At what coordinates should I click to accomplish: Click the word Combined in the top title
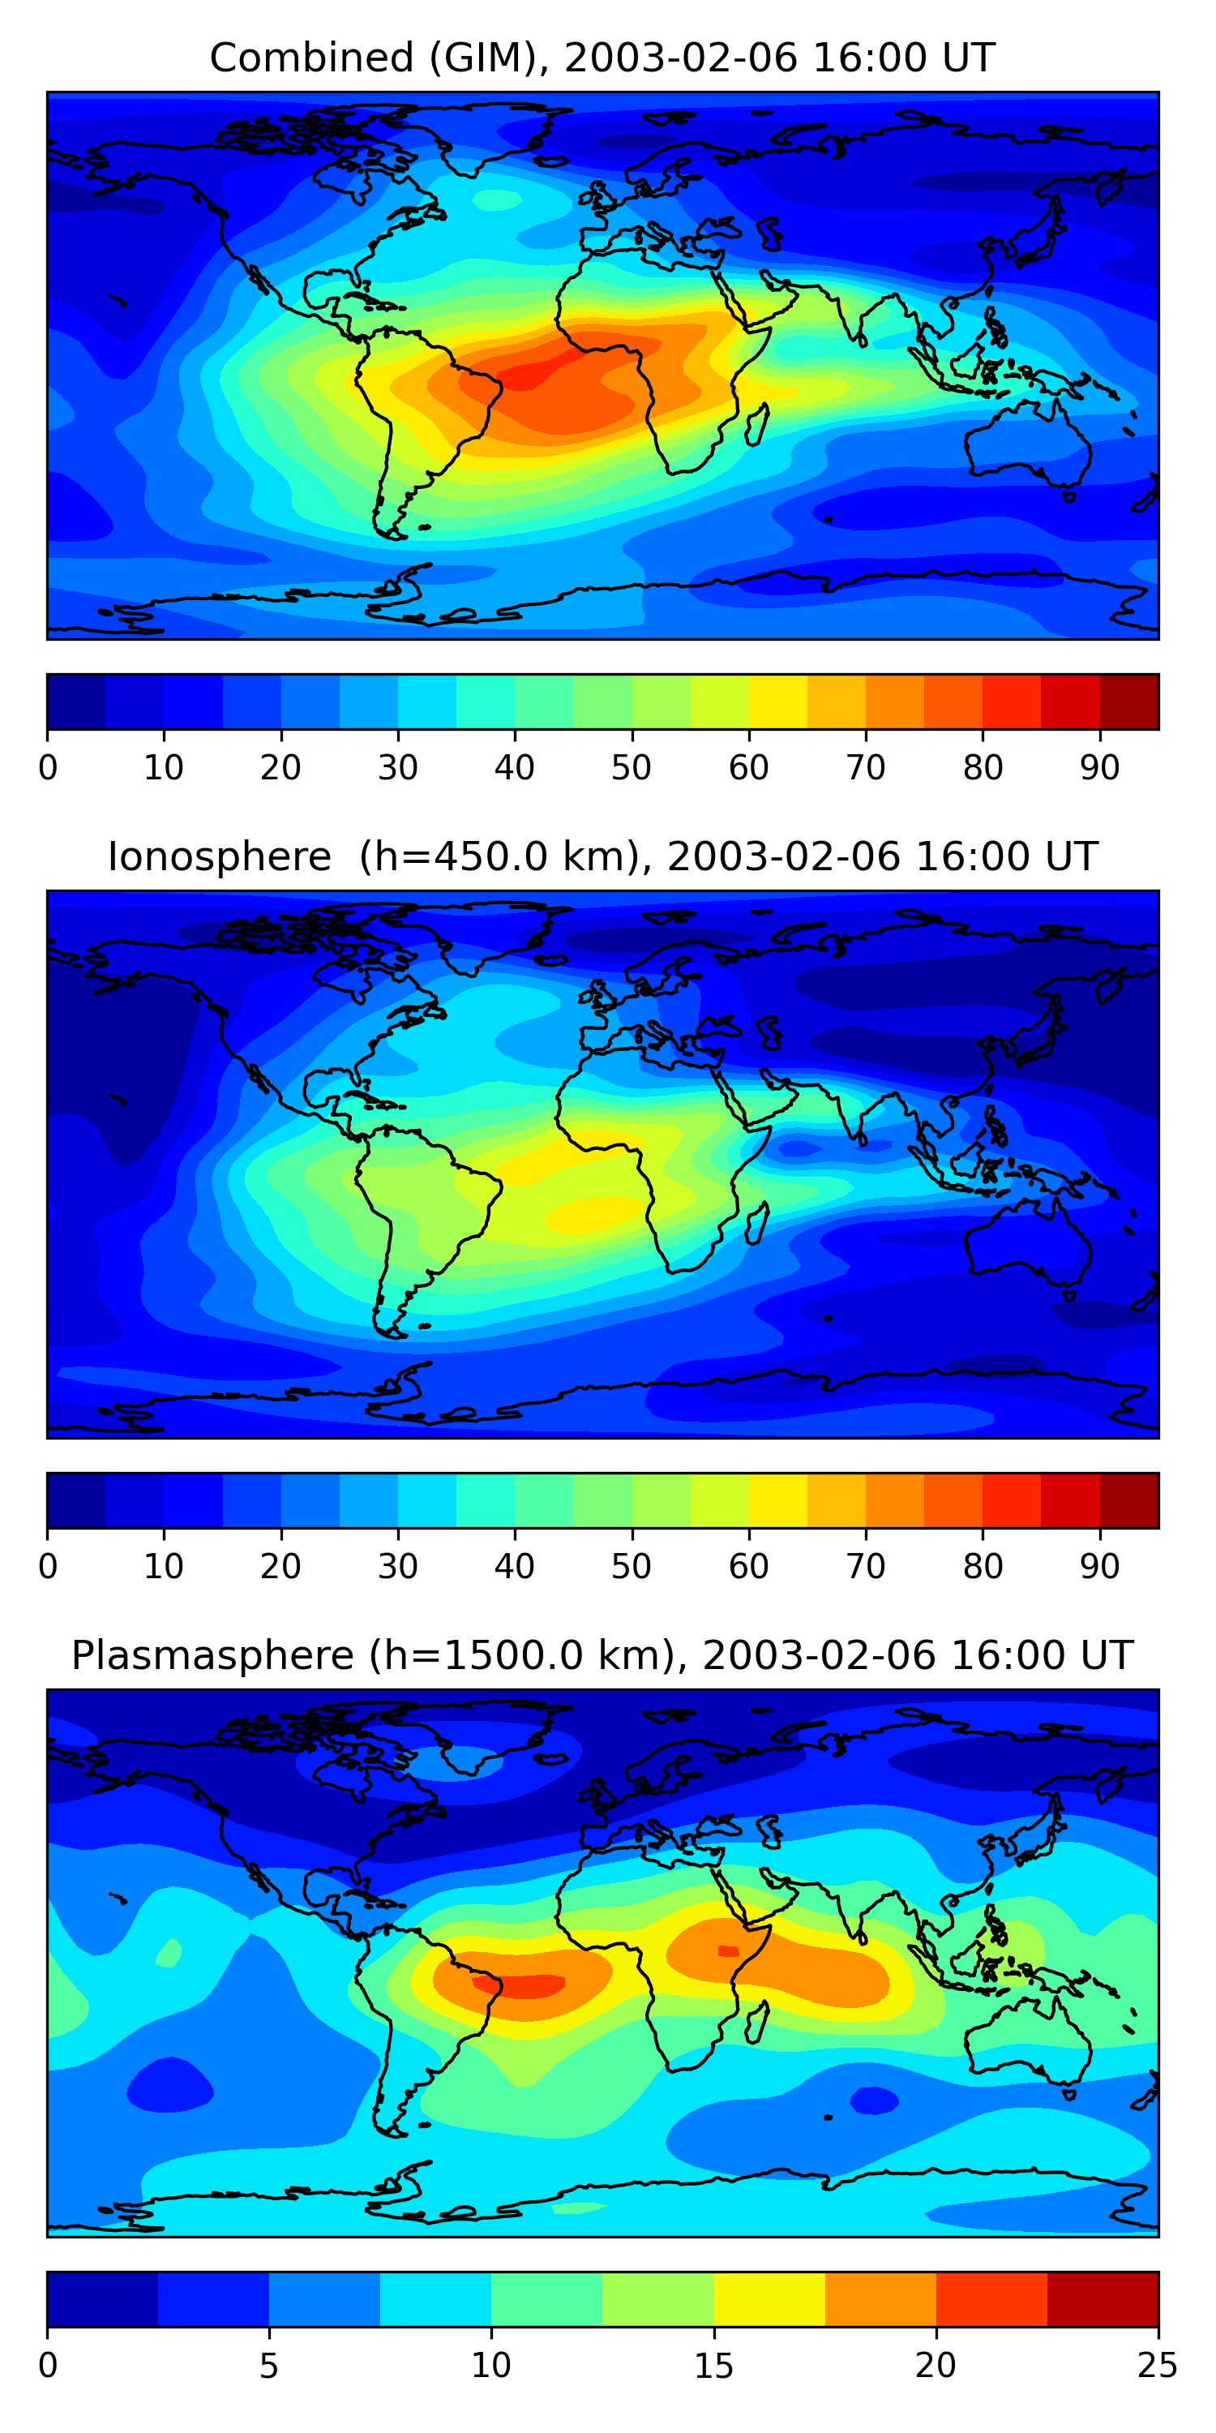(x=310, y=58)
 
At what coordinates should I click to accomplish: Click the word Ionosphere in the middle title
(x=219, y=856)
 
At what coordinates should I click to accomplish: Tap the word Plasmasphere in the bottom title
(x=212, y=1656)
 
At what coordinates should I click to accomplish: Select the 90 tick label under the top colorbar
(x=1100, y=768)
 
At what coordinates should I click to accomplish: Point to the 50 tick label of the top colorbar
(x=632, y=768)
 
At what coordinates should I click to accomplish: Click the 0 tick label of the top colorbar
(x=48, y=768)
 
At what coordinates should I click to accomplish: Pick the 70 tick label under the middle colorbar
(x=866, y=1566)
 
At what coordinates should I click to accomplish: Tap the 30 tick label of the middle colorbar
(x=397, y=1566)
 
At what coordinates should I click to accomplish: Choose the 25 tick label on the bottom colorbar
(x=1158, y=2365)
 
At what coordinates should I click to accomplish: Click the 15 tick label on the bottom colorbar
(x=713, y=2365)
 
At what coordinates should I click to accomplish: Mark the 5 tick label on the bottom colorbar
(x=269, y=2365)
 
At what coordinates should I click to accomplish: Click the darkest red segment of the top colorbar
(x=1129, y=702)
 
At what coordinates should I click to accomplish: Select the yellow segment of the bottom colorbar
(x=769, y=2299)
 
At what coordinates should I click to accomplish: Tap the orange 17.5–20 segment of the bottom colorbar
(x=880, y=2299)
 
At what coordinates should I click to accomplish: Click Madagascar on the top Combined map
(x=757, y=424)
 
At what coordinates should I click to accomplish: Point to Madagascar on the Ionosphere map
(x=757, y=1223)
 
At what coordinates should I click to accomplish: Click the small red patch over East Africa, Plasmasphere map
(x=728, y=1951)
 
